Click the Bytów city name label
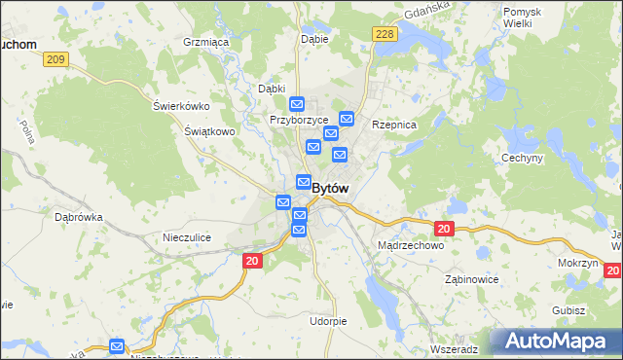[x=331, y=188]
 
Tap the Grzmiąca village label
[x=205, y=43]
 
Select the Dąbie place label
[x=314, y=40]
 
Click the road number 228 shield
[x=385, y=34]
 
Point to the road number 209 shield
[x=55, y=59]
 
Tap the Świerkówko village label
[x=182, y=106]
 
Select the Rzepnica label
[x=394, y=126]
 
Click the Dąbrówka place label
[x=79, y=218]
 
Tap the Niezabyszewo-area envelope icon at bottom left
[x=117, y=345]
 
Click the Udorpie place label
[x=328, y=321]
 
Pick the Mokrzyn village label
[x=578, y=264]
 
